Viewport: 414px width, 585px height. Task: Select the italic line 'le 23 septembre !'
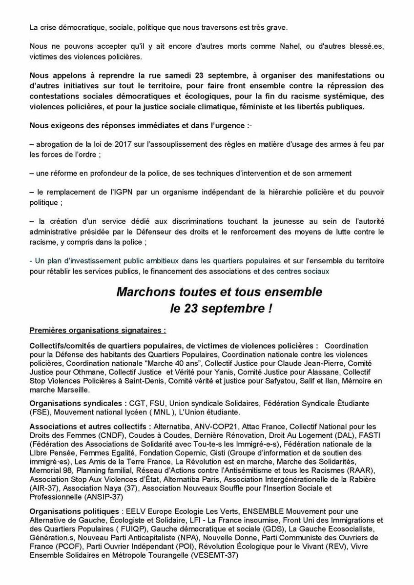[x=219, y=309]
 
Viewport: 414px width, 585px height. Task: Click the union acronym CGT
[x=136, y=403]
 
